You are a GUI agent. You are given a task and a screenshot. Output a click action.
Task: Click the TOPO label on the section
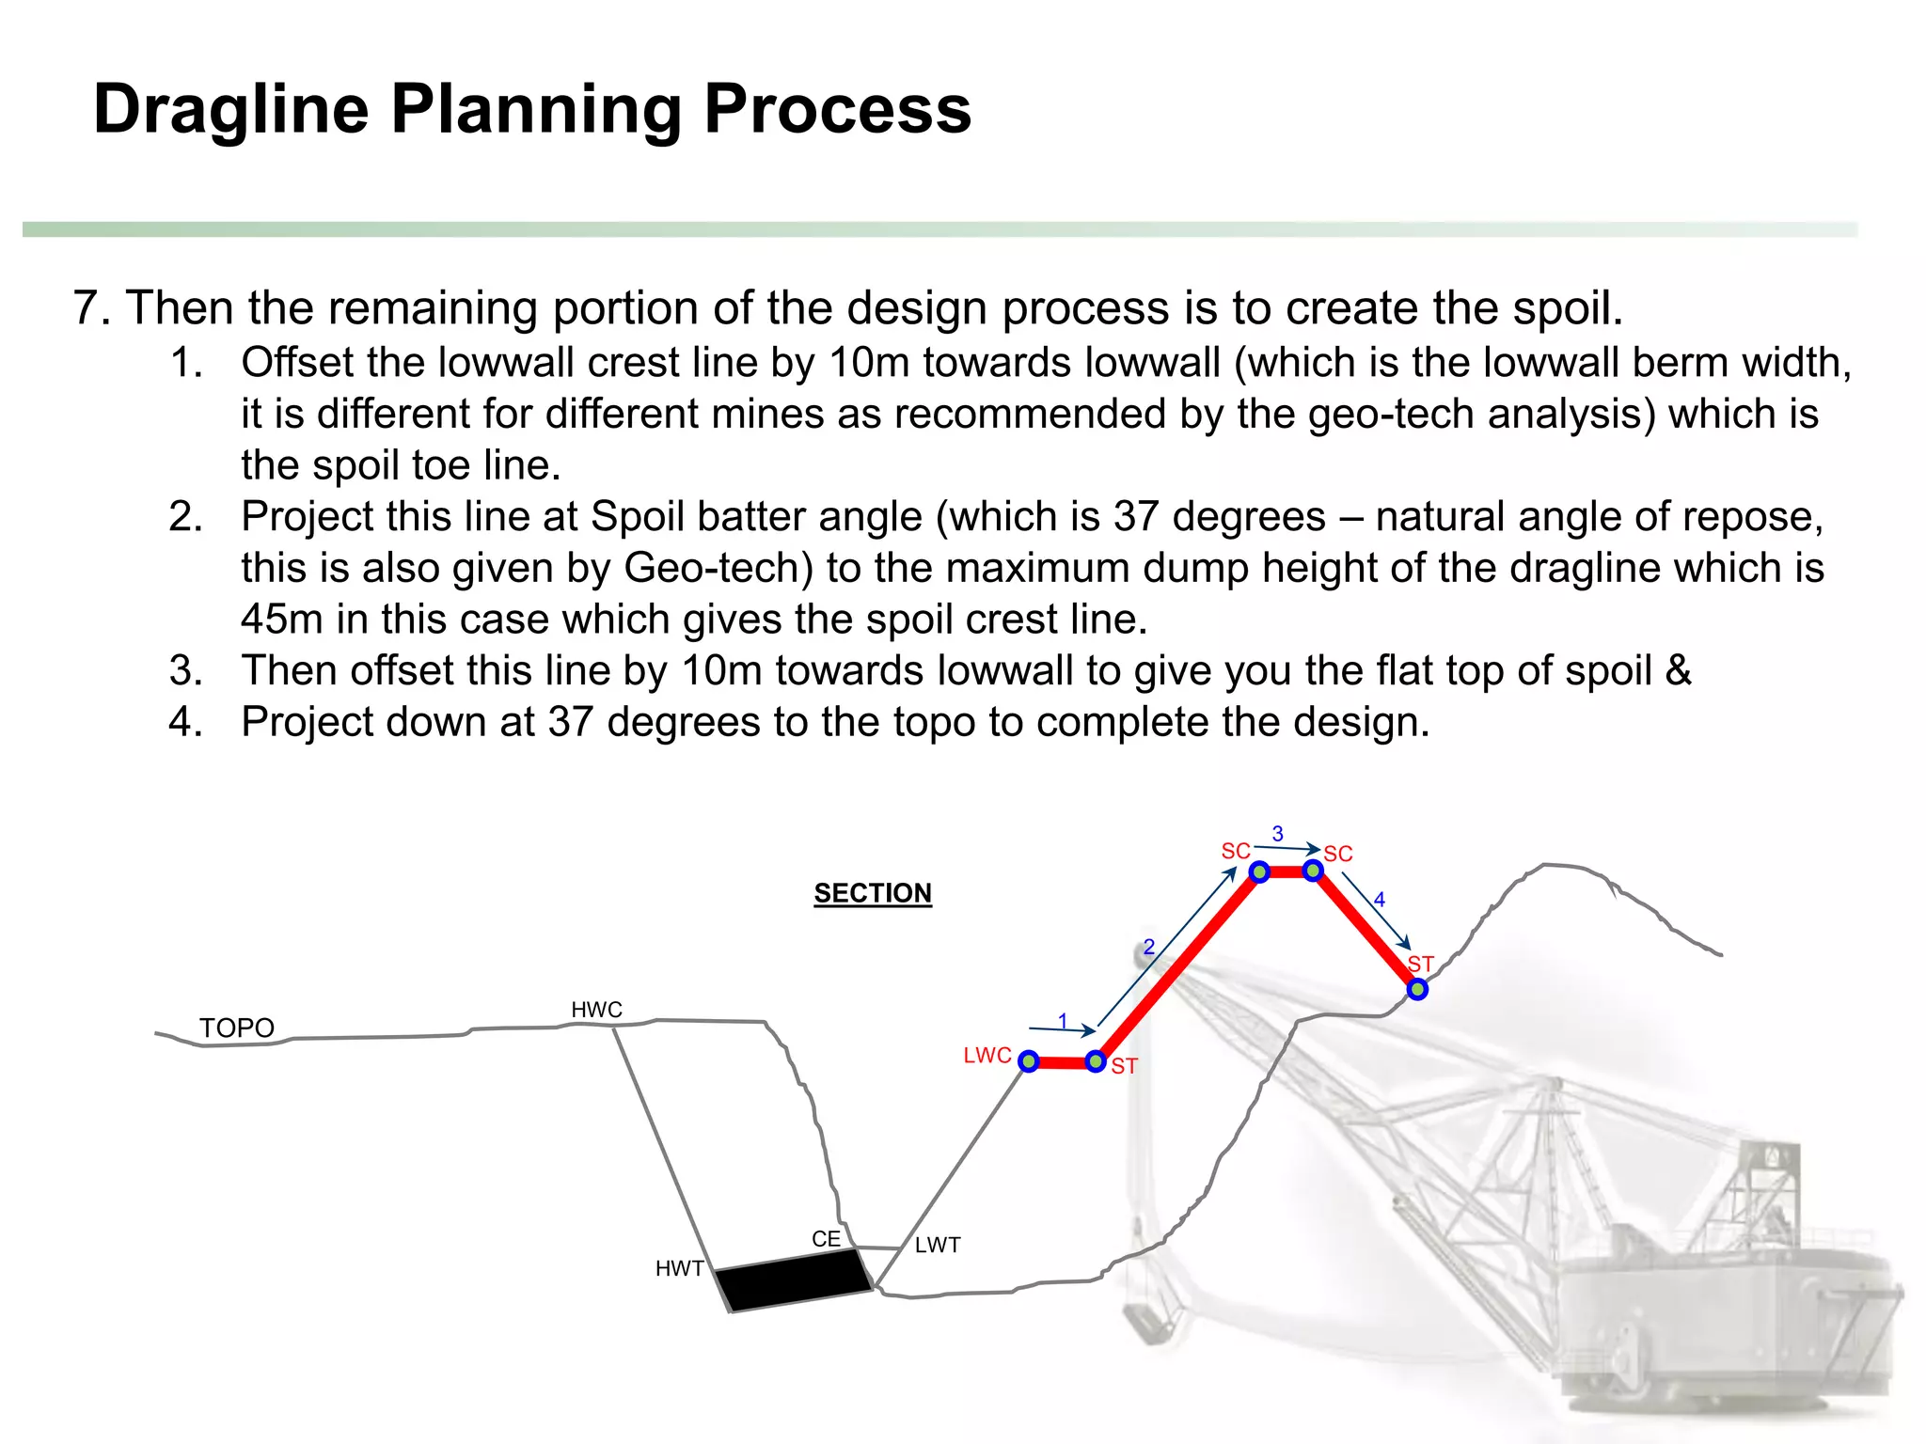coord(236,1028)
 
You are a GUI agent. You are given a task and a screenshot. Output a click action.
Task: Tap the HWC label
coord(596,1010)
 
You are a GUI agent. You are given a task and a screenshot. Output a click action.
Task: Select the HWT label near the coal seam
coord(679,1268)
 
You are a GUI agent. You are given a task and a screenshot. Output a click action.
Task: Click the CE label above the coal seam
coord(826,1239)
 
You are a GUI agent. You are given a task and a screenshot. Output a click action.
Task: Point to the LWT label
coord(938,1245)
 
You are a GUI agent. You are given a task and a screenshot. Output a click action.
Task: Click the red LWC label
coord(987,1056)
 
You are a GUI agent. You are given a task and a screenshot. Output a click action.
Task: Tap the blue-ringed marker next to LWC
coord(1029,1061)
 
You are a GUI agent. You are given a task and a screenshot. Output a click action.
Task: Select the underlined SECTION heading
coord(873,893)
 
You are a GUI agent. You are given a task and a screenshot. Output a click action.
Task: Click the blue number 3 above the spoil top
coord(1277,834)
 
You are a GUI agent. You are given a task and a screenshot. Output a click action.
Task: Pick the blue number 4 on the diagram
coord(1379,900)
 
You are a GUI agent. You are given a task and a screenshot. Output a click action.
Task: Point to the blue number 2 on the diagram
coord(1148,948)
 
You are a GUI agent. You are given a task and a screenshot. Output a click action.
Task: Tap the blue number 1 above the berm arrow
coord(1063,1021)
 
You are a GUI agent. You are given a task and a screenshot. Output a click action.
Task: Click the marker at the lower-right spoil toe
coord(1417,989)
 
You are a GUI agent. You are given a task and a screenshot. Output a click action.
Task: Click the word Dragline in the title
coord(231,109)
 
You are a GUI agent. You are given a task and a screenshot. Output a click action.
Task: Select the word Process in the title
coord(837,109)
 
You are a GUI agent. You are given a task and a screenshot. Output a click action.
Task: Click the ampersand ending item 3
coord(1678,670)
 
